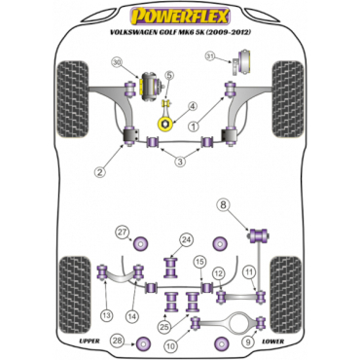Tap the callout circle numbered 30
118,64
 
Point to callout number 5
168,76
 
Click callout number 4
192,107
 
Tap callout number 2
99,173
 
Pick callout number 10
172,344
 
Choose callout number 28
119,340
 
